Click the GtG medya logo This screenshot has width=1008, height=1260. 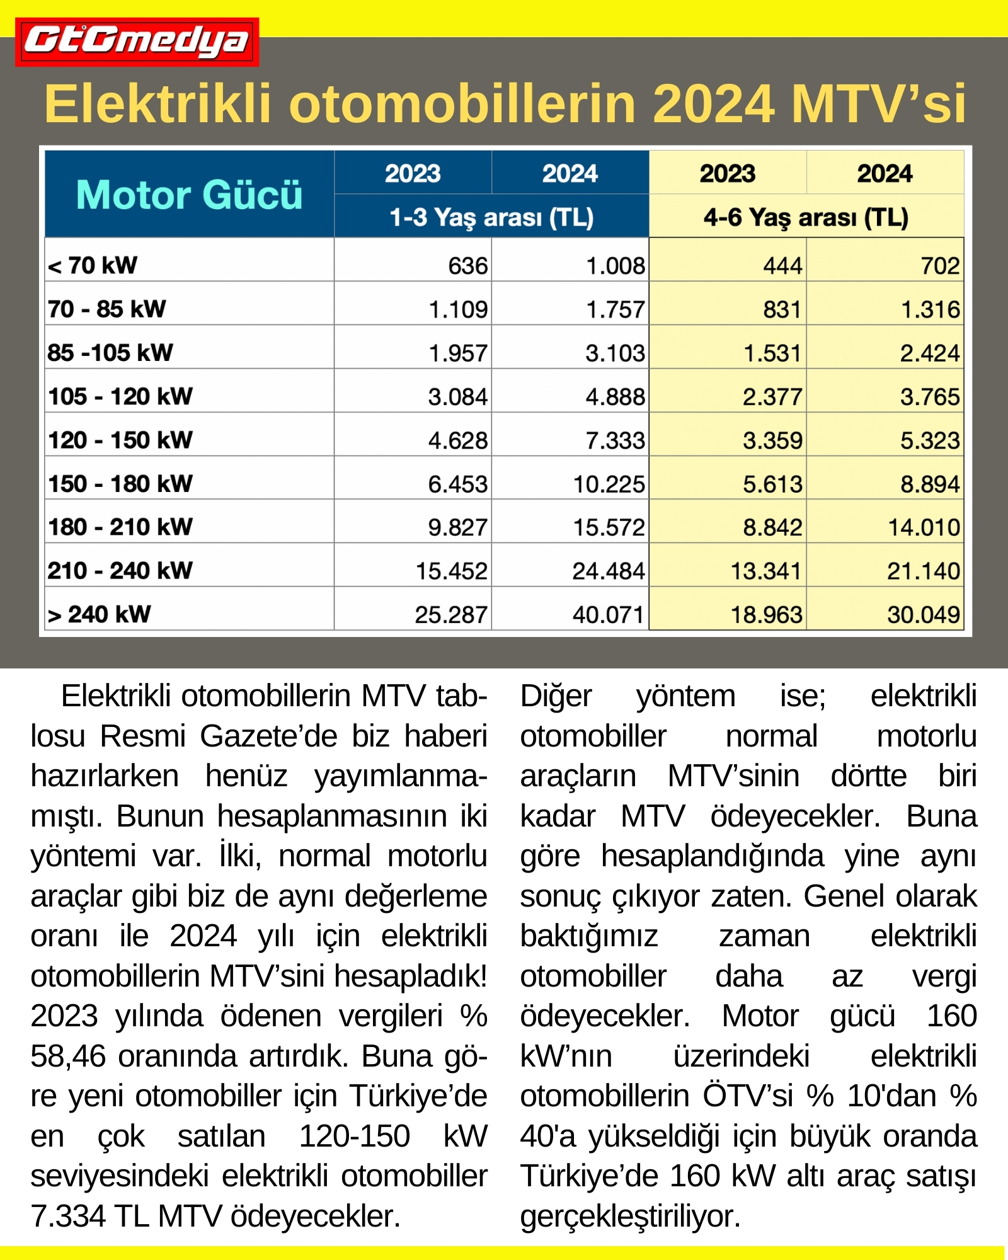tap(137, 42)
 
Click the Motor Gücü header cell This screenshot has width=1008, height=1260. tap(189, 194)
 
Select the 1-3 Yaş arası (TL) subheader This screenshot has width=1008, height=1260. tap(491, 217)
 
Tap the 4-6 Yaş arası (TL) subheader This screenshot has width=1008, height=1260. tap(806, 217)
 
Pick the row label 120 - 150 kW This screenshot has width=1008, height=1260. tap(120, 440)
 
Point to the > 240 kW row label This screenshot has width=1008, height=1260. tap(100, 614)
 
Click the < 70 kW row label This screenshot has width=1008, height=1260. tap(93, 266)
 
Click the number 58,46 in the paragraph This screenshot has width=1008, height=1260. tap(68, 1057)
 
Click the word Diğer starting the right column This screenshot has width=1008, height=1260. tap(556, 697)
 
